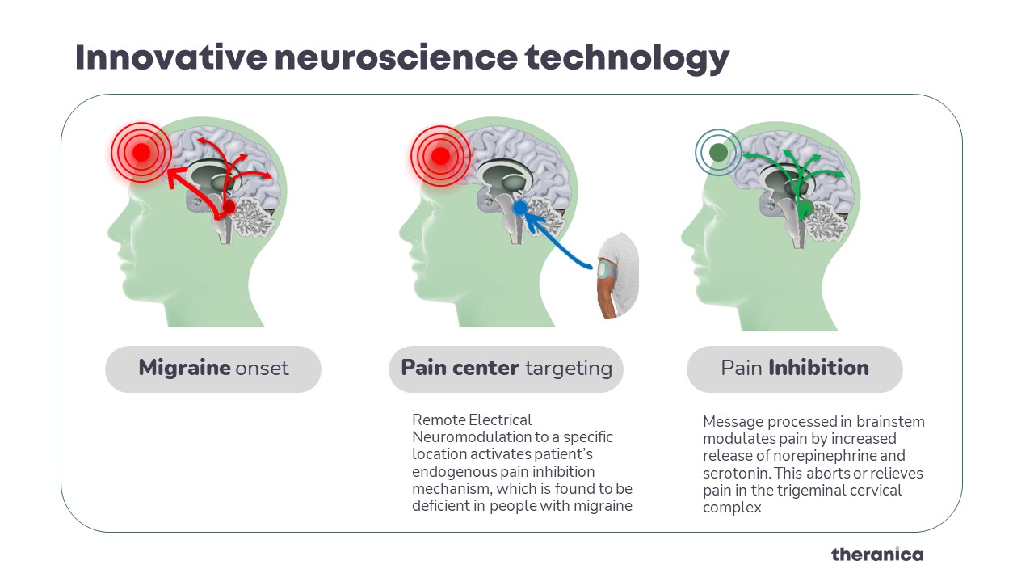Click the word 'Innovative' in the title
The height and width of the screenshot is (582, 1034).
pyautogui.click(x=171, y=57)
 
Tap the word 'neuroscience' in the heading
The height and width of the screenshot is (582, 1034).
pyautogui.click(x=396, y=57)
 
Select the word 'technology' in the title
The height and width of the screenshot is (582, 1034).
pyautogui.click(x=628, y=59)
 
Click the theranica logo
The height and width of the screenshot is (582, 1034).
pyautogui.click(x=877, y=555)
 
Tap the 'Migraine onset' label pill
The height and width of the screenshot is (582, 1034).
pyautogui.click(x=213, y=369)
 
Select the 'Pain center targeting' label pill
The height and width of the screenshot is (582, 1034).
pyautogui.click(x=506, y=369)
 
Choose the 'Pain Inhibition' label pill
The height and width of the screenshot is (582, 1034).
pyautogui.click(x=794, y=369)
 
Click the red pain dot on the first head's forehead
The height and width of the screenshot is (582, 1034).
pyautogui.click(x=141, y=153)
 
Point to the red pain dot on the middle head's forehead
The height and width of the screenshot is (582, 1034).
pyautogui.click(x=440, y=156)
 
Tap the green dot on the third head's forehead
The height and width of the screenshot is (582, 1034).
pyautogui.click(x=718, y=153)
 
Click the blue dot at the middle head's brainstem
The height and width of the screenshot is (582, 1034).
pyautogui.click(x=520, y=208)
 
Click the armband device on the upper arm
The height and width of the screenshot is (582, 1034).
pyautogui.click(x=605, y=270)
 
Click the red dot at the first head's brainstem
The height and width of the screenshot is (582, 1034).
pyautogui.click(x=229, y=207)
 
